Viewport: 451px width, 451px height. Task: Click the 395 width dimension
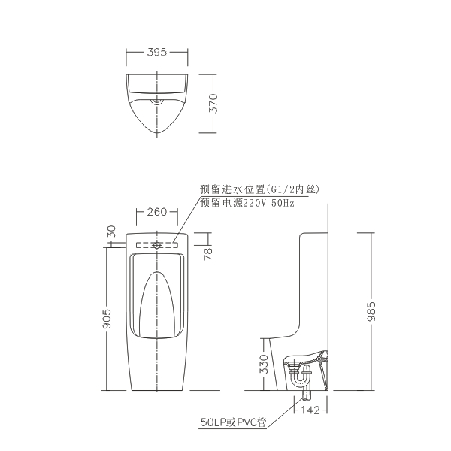click(157, 52)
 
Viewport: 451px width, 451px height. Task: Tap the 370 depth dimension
click(213, 103)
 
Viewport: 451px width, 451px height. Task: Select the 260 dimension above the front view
click(157, 212)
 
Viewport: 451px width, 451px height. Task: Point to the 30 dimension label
click(111, 232)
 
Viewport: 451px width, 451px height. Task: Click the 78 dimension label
click(207, 254)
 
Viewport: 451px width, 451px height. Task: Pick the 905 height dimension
click(107, 319)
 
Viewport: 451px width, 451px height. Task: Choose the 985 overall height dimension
click(371, 311)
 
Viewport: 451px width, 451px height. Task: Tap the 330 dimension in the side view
click(264, 364)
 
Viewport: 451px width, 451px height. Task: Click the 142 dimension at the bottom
click(310, 410)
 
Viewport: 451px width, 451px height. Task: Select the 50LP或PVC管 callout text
click(233, 422)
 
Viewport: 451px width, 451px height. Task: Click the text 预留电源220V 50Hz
click(247, 203)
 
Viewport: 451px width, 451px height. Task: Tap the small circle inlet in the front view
click(157, 245)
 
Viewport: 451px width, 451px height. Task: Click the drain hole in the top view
click(157, 101)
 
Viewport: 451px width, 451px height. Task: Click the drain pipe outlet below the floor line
click(307, 395)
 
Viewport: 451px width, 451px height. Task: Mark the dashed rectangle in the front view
click(157, 245)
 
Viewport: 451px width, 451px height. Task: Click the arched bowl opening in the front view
click(157, 305)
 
